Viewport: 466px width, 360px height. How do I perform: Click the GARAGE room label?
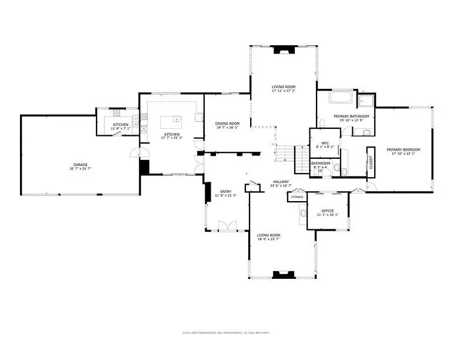[x=80, y=164]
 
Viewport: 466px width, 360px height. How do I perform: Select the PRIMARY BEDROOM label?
[x=404, y=149]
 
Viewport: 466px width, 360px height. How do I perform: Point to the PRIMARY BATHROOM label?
[x=351, y=116]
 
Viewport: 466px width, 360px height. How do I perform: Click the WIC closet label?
[x=325, y=143]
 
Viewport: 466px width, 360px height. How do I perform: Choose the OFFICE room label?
[x=328, y=211]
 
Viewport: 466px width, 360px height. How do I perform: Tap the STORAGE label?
[x=297, y=197]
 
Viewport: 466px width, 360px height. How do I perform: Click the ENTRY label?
[x=226, y=191]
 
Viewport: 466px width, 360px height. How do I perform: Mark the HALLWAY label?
[x=281, y=182]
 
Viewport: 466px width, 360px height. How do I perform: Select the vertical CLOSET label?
[x=371, y=162]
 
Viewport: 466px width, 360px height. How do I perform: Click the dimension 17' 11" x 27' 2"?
[x=284, y=91]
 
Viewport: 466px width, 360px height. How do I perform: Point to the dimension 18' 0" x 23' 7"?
[x=269, y=239]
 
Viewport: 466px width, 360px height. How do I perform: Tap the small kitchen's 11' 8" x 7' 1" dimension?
[x=121, y=128]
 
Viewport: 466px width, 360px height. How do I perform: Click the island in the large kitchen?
[x=171, y=122]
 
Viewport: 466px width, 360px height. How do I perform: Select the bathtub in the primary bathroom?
[x=340, y=98]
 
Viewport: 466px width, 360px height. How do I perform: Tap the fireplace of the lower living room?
[x=284, y=274]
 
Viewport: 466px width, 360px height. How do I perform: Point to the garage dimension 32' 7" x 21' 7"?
[x=80, y=169]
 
